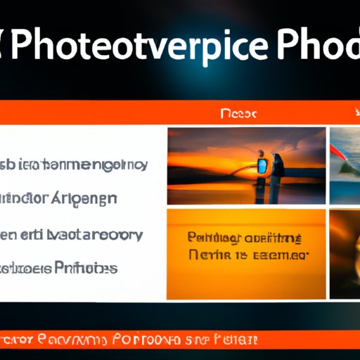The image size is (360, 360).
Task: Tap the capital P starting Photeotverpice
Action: pos(28,48)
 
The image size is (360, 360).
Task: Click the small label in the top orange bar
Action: pos(238,113)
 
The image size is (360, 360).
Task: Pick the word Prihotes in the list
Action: pos(85,268)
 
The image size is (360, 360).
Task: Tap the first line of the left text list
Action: pos(74,165)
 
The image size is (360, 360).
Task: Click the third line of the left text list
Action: pos(74,234)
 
